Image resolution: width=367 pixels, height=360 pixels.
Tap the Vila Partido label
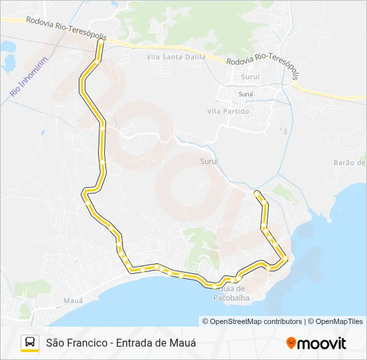pos(228,111)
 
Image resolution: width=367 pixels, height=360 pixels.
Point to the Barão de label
pos(350,163)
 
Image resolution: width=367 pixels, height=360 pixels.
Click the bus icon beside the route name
pos(30,343)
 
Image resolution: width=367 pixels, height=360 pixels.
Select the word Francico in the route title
pos(86,343)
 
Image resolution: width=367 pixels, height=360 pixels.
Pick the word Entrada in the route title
pos(135,343)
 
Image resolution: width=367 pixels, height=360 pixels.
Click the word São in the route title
pos(54,343)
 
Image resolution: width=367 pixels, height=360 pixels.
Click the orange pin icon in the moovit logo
pos(291,343)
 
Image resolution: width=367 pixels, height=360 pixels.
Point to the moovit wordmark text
pos(322,343)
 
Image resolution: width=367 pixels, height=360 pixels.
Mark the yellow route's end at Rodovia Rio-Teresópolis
pos(101,41)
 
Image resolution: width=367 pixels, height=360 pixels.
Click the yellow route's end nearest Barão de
pos(256,193)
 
